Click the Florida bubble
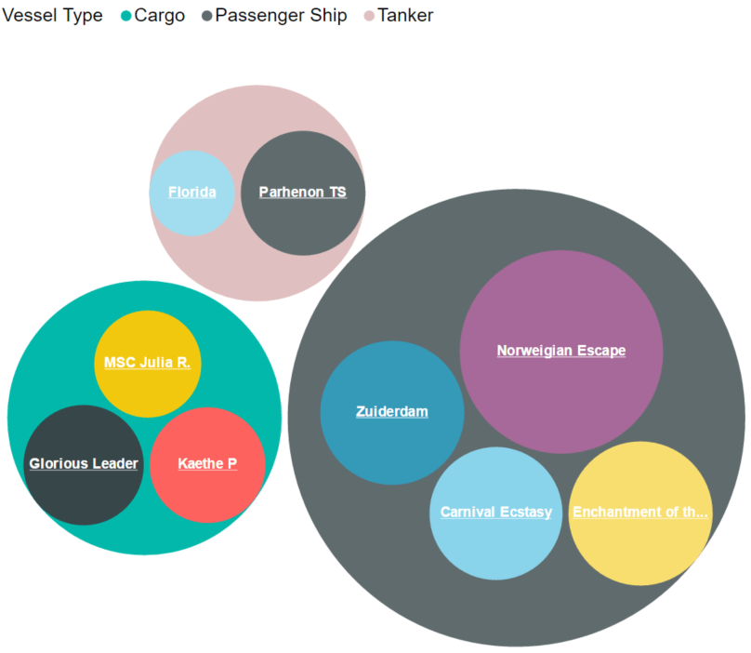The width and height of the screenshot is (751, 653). coord(192,193)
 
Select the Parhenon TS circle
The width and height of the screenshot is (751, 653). coord(303,193)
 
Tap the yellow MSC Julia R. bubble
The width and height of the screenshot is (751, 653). coord(148,364)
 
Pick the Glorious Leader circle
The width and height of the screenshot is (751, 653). coord(84,464)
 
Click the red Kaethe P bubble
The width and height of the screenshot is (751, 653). coord(207,464)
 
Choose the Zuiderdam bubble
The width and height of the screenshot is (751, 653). coord(392,412)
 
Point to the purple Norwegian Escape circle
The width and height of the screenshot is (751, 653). coord(561,352)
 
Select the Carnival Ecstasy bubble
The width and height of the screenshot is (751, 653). coord(495,513)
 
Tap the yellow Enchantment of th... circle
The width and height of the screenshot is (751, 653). coord(640,513)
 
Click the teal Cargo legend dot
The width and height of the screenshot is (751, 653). coord(126,16)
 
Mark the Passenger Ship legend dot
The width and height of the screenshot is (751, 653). coord(207,16)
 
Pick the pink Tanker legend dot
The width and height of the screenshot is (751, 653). coord(369,16)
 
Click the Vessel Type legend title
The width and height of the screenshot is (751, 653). coord(52,16)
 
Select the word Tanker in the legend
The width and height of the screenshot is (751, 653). coord(405,15)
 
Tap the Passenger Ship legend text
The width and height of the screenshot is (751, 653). coord(281,16)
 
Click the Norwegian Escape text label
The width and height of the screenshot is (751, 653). coord(561,351)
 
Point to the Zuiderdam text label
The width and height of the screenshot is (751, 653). coord(392,411)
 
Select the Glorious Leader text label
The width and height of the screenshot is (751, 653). coord(84,463)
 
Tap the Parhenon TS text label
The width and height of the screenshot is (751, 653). coord(303,192)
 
